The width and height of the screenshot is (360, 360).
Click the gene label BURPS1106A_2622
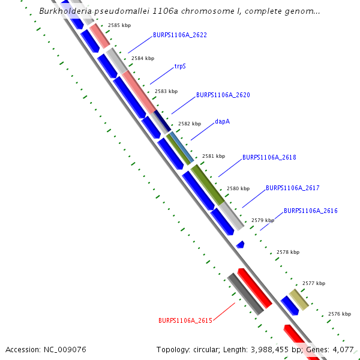pyautogui.click(x=179, y=35)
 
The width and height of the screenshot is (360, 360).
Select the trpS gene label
pyautogui.click(x=180, y=66)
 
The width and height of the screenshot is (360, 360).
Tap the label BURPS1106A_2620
pyautogui.click(x=223, y=95)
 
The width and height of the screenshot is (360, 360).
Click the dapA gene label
pyautogui.click(x=222, y=122)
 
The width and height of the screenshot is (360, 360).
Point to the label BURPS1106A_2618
pyautogui.click(x=269, y=158)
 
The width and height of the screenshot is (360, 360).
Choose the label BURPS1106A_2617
pyautogui.click(x=292, y=188)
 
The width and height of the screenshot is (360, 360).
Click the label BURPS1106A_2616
pyautogui.click(x=310, y=211)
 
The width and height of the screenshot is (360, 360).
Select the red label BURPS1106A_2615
pyautogui.click(x=185, y=321)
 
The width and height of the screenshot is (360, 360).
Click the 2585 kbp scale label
pyautogui.click(x=119, y=25)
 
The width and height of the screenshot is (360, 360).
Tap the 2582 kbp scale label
pyautogui.click(x=189, y=124)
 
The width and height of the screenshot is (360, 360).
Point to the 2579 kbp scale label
pyautogui.click(x=262, y=220)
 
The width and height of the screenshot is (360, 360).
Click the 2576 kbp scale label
pyautogui.click(x=339, y=314)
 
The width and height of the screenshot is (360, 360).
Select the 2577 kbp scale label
pyautogui.click(x=313, y=283)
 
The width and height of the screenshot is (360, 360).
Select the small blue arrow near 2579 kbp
pyautogui.click(x=240, y=244)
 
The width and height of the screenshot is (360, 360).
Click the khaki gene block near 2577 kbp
pyautogui.click(x=299, y=299)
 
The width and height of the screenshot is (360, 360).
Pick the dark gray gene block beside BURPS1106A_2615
pyautogui.click(x=245, y=294)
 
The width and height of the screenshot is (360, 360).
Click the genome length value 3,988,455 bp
pyautogui.click(x=275, y=349)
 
